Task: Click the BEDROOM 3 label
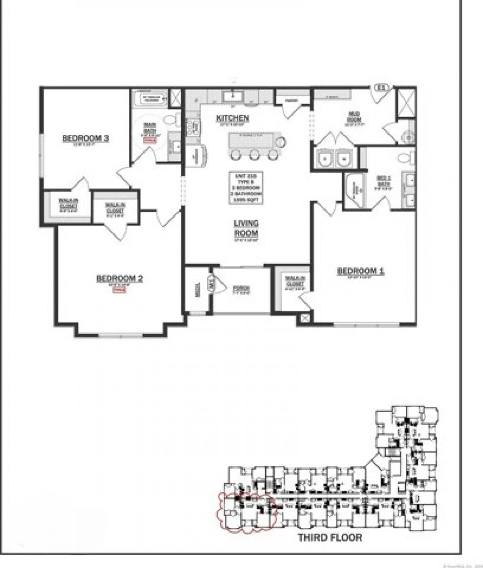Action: [86, 138]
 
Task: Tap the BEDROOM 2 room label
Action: [120, 279]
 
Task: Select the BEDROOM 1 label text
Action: [360, 271]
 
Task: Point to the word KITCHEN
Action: [232, 118]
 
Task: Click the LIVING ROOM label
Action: [246, 228]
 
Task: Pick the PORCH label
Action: [241, 289]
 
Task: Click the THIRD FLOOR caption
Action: [330, 537]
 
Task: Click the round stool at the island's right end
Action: [281, 142]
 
